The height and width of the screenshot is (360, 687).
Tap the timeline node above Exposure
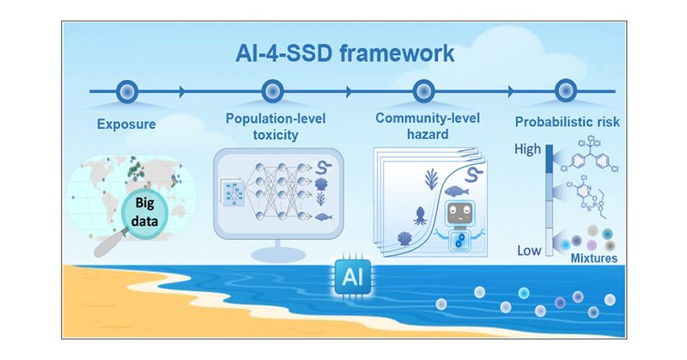(x=126, y=90)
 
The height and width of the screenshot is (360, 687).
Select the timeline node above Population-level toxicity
(x=272, y=90)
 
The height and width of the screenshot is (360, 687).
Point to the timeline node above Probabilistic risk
(x=565, y=90)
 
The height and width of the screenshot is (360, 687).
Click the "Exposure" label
(x=126, y=124)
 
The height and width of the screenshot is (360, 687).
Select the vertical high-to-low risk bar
(x=548, y=198)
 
